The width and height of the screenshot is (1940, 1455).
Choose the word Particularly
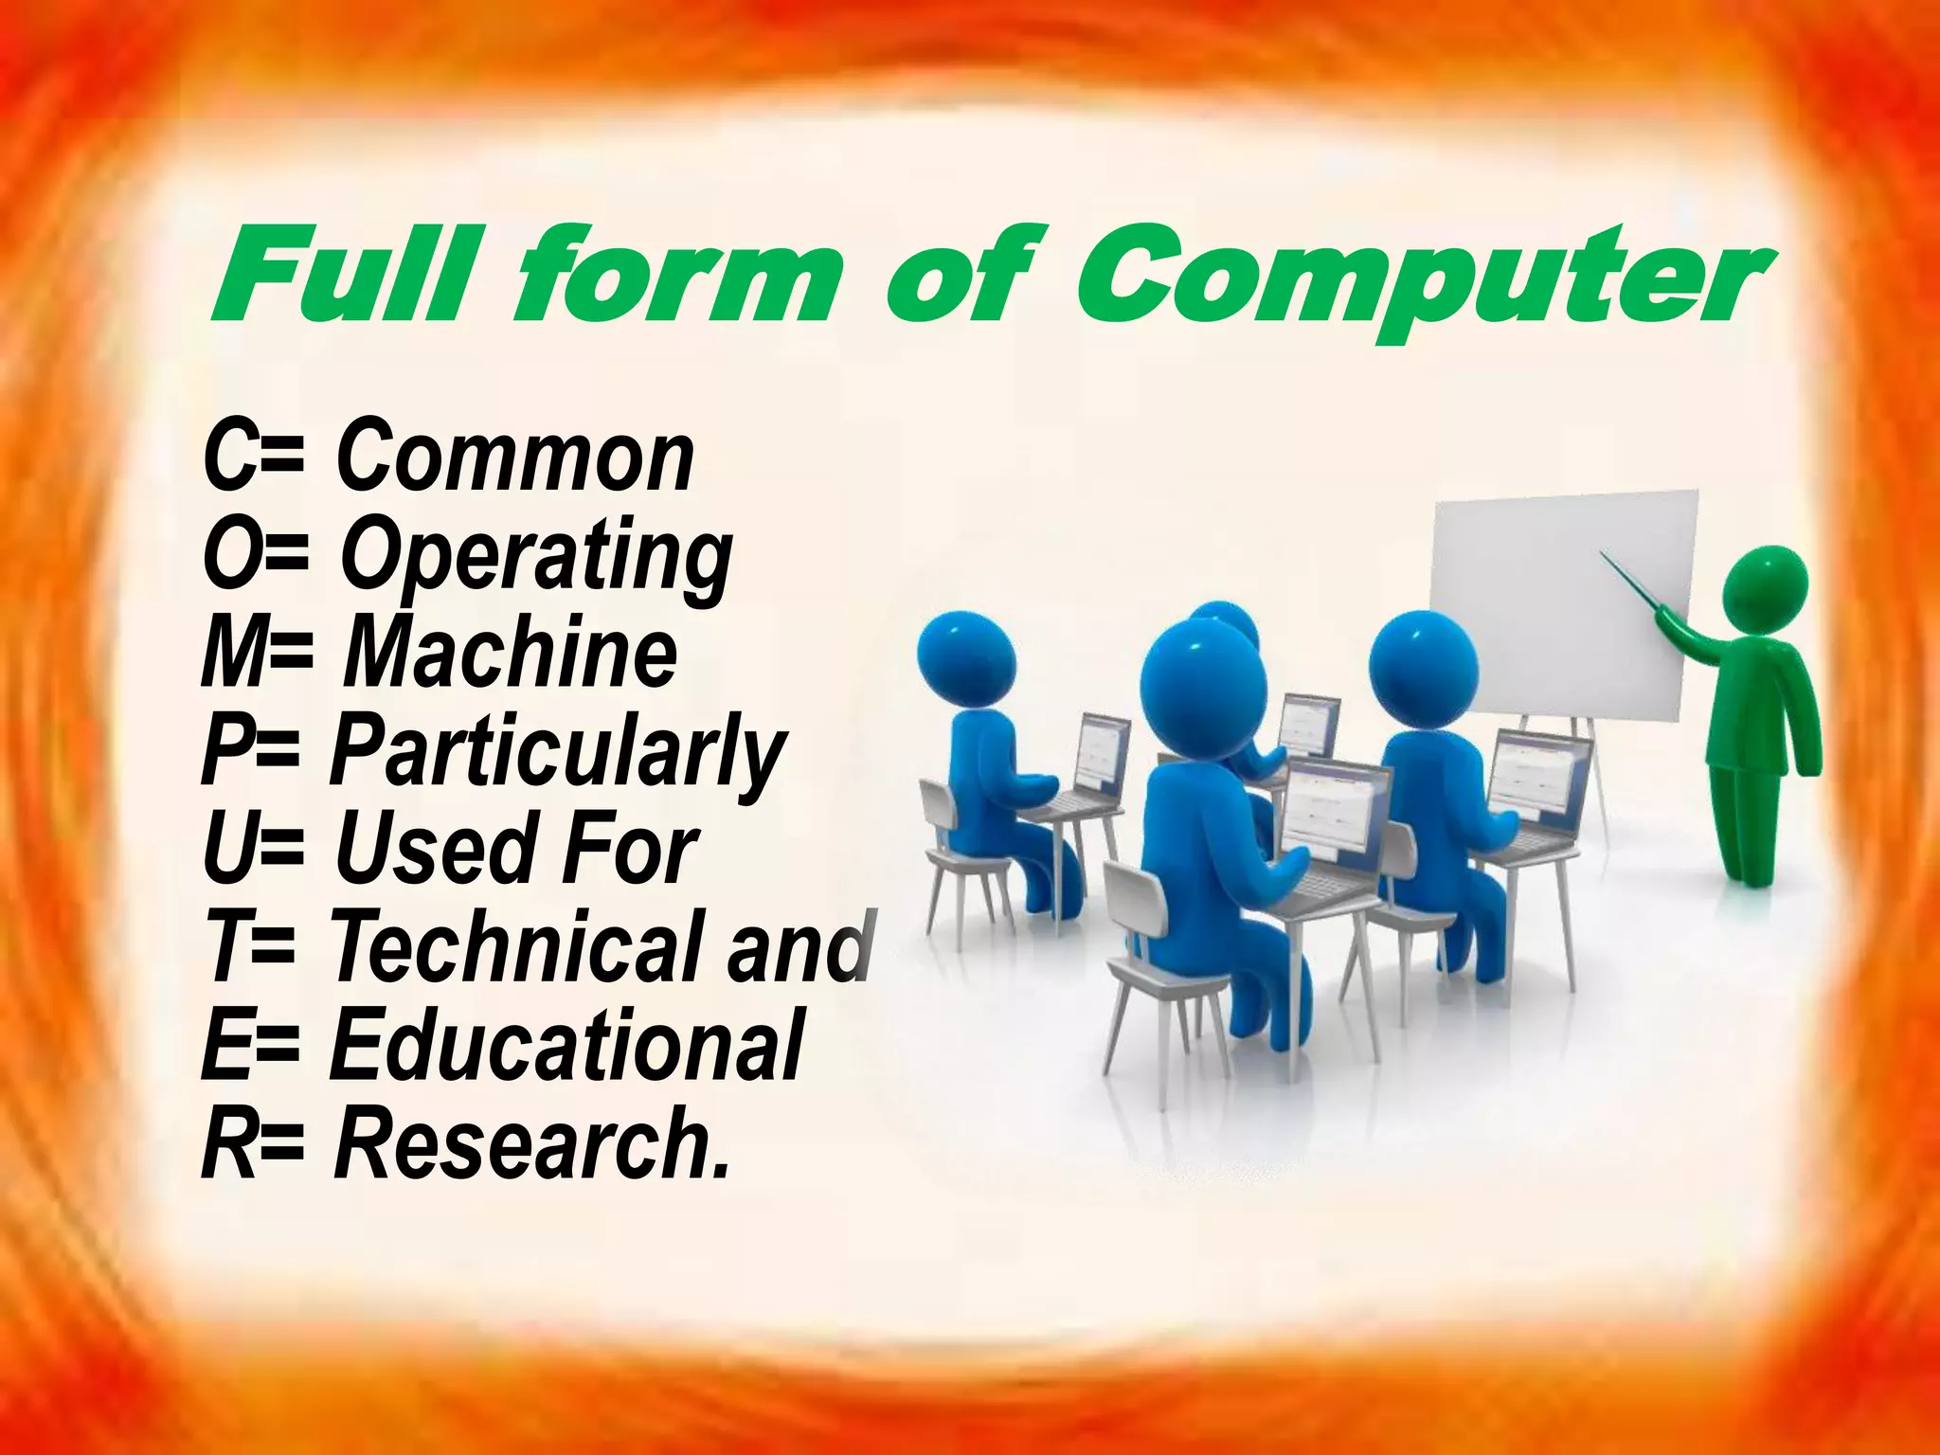point(558,753)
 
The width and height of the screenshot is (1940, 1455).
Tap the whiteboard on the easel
point(1554,606)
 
